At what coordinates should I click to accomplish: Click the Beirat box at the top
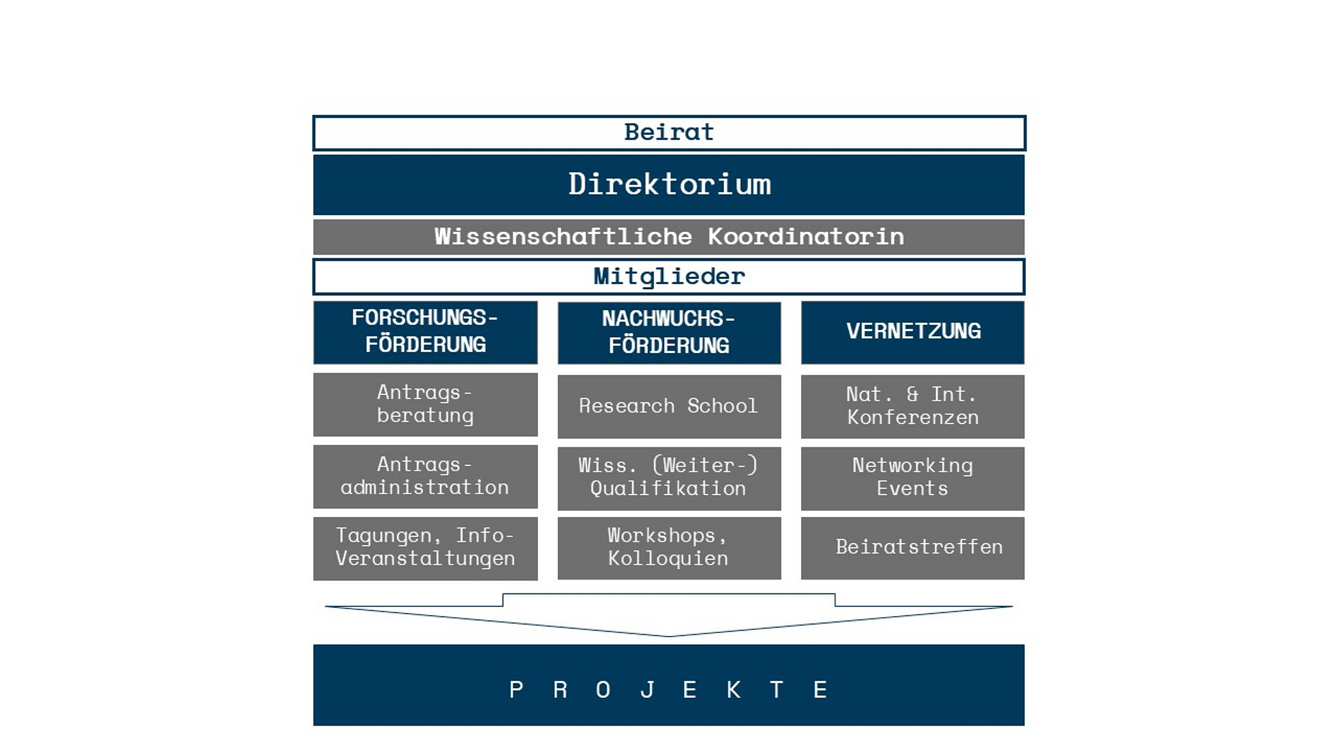[669, 132]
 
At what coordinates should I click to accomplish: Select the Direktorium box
[669, 185]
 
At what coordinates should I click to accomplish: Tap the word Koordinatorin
[805, 237]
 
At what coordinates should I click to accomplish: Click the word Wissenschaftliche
[563, 237]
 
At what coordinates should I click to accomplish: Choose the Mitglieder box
[669, 277]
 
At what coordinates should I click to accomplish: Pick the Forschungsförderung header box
[425, 332]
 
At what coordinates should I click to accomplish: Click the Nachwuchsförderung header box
[669, 333]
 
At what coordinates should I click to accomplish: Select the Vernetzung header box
[913, 332]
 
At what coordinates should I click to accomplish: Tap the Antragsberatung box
[425, 405]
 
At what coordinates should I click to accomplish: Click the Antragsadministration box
[425, 477]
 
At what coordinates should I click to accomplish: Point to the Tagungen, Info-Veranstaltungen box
[425, 549]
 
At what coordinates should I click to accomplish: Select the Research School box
[669, 406]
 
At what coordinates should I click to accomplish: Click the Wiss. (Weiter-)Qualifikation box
[669, 478]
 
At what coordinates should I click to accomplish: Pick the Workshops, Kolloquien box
[669, 548]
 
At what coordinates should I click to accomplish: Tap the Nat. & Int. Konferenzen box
[913, 406]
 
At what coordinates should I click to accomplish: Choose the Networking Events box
[913, 478]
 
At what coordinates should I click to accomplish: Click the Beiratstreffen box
[913, 548]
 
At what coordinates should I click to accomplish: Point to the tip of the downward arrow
[669, 635]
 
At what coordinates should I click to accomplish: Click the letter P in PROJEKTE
[516, 690]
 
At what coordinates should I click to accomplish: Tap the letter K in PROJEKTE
[734, 690]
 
